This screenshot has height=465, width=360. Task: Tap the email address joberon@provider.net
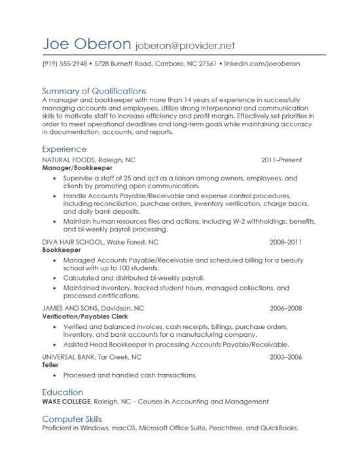(x=185, y=46)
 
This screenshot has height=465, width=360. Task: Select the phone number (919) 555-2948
(x=64, y=64)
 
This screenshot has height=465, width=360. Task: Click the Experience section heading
(x=64, y=149)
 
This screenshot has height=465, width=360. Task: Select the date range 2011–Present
(x=281, y=160)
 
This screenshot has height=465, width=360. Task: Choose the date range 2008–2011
(x=286, y=242)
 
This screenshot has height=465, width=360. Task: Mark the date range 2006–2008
(x=286, y=308)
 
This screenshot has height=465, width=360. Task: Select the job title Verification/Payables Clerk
(x=84, y=317)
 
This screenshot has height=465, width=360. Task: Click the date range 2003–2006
(x=286, y=357)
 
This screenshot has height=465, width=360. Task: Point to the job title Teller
(x=50, y=366)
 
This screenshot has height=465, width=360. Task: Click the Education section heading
(x=63, y=392)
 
